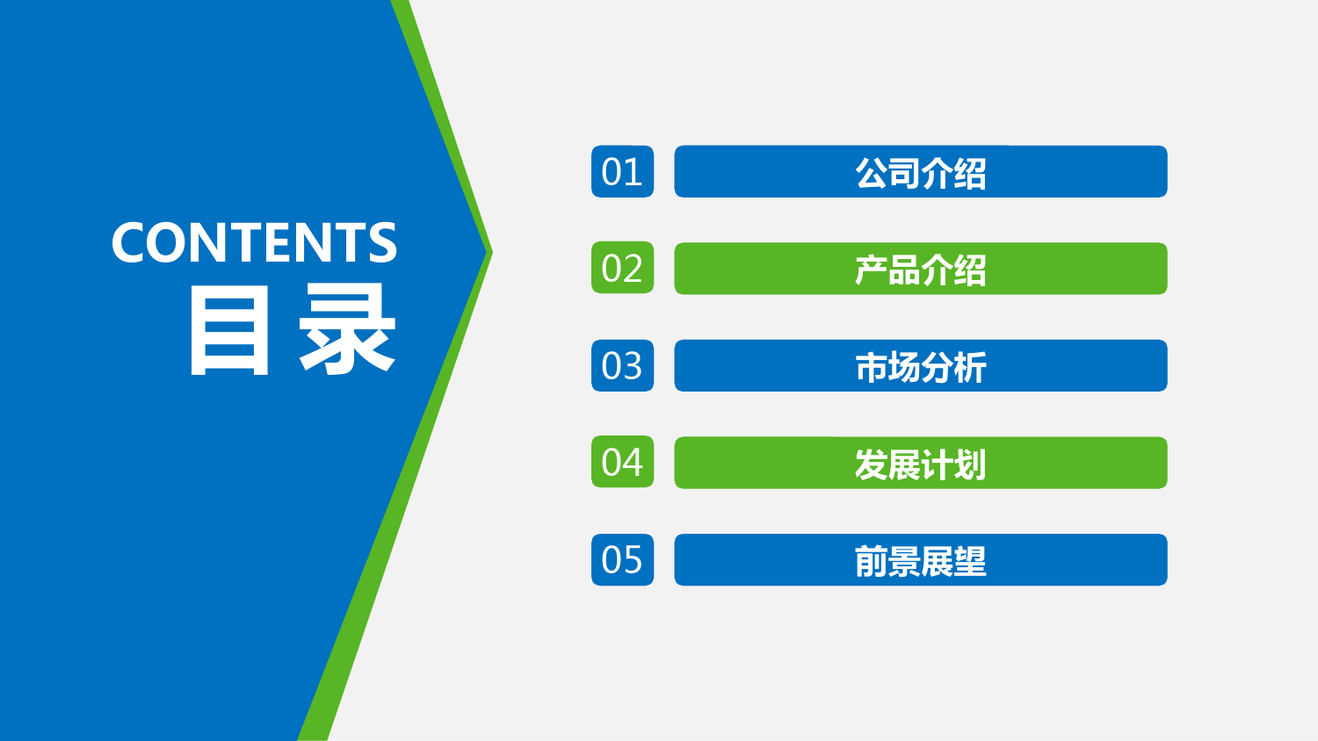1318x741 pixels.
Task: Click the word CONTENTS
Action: (x=254, y=242)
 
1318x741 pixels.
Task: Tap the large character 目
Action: (x=229, y=329)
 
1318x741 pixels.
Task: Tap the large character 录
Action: (x=347, y=329)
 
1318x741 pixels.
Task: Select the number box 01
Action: (x=622, y=171)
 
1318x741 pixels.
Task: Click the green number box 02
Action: (x=622, y=268)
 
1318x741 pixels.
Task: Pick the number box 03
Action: (x=622, y=365)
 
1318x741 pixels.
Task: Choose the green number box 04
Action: (x=622, y=462)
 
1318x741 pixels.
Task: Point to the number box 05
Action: (x=622, y=559)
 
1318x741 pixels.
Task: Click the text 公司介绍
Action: (x=921, y=173)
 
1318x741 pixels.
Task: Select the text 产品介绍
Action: (x=921, y=270)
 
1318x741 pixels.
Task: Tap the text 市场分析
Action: (x=921, y=367)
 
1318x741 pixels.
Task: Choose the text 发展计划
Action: (x=921, y=464)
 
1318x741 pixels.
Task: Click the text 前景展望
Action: (x=921, y=561)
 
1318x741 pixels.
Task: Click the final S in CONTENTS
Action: (x=382, y=242)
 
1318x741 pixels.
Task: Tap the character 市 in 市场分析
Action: (x=872, y=367)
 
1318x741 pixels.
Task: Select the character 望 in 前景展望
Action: (x=970, y=561)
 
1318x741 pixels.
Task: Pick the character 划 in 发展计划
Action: (x=970, y=464)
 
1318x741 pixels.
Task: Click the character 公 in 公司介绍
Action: (x=872, y=173)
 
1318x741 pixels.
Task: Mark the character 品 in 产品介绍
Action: (x=904, y=270)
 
